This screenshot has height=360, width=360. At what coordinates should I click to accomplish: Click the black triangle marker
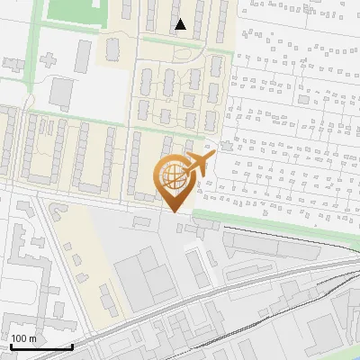click(181, 24)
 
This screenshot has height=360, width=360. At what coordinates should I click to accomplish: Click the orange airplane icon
click(198, 166)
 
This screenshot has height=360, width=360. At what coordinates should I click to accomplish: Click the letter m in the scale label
click(33, 338)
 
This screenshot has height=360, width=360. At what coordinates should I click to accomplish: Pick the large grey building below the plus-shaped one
click(61, 94)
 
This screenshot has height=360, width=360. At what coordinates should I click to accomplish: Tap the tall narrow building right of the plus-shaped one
click(83, 56)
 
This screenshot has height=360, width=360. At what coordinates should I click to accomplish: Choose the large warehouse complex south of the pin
click(144, 274)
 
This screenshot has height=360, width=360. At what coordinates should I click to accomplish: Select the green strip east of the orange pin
click(270, 220)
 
